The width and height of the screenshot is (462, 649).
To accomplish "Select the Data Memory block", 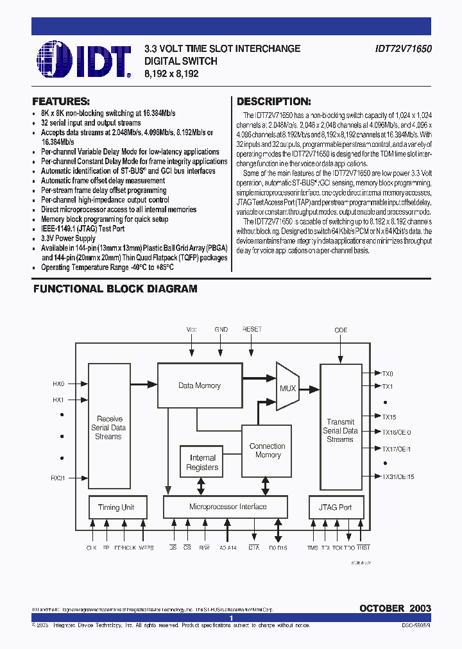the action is pos(199,385).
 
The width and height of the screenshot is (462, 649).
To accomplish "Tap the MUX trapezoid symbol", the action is pos(287,387).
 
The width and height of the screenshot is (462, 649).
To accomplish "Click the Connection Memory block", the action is pos(267,450).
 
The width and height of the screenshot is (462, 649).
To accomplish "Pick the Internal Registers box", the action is pos(202,462).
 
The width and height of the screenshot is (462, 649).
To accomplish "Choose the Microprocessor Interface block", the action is pos(228,507).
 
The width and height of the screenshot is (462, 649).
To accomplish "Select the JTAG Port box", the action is pos(335,507).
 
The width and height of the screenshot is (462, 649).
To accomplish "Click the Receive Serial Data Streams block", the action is pos(108,427).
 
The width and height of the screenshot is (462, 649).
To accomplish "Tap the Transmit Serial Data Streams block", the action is pos(340,430).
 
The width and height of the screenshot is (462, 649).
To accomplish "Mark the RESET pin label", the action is pos(252,329).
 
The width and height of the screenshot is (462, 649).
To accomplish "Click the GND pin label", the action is pos(221,329).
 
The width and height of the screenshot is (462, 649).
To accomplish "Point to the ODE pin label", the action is pos(341,330).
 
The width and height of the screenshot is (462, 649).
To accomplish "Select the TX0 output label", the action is pos(388,373).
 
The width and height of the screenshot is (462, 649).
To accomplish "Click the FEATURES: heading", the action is pos(61,101).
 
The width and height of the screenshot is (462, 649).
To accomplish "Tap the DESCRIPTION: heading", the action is pos(274,101).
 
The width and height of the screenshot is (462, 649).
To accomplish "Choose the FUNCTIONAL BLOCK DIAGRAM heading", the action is pos(115,289).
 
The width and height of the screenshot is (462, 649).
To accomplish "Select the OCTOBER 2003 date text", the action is pos(395,608).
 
